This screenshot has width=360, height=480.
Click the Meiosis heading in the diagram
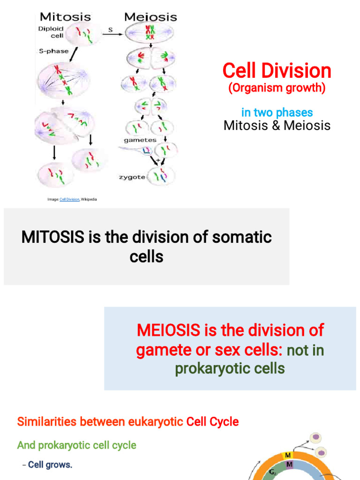point(150,17)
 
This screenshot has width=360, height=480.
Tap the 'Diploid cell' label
point(51,32)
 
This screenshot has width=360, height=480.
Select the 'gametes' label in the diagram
point(140,140)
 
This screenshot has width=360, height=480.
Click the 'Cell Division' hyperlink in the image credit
point(69,200)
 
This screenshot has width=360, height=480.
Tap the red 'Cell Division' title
point(277,71)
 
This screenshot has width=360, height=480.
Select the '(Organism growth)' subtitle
point(277,88)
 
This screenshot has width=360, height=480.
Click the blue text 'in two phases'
point(277,112)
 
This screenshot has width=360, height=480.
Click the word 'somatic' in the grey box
point(242,237)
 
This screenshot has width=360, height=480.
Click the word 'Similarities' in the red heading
point(47,421)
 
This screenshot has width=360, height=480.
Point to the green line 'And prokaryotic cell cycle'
point(76,445)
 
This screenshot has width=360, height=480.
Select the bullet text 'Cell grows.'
point(50,465)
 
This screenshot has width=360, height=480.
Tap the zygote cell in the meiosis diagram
point(161,177)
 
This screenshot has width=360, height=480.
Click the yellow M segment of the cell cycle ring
point(288,456)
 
